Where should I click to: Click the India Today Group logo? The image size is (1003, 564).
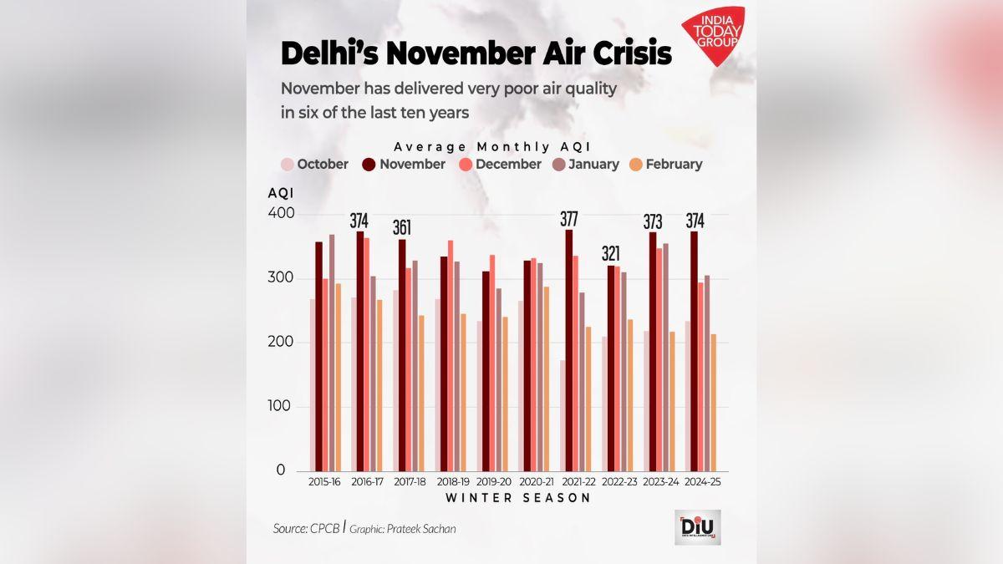point(712,39)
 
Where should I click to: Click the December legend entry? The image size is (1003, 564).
point(500,165)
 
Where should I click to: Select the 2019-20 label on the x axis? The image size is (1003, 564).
point(493,482)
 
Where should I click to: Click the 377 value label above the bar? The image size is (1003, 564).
point(570,220)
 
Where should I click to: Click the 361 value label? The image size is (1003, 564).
point(403,228)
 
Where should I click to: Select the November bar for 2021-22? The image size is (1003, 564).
point(570,350)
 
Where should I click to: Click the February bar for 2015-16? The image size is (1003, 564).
point(339,377)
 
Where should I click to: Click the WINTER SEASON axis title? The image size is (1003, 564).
point(518,498)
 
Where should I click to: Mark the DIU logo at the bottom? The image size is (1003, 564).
point(697,527)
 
